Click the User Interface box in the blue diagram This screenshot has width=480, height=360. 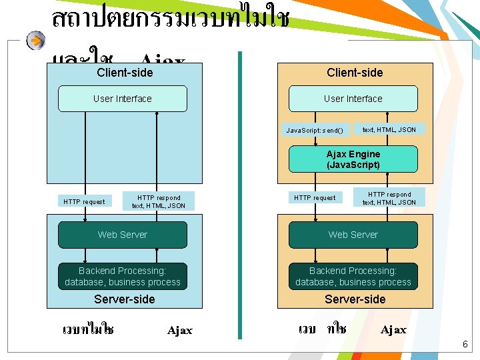click(x=123, y=99)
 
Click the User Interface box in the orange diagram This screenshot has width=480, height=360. click(x=353, y=99)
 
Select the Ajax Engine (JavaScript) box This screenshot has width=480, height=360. click(x=353, y=159)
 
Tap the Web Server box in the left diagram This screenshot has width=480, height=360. click(x=123, y=235)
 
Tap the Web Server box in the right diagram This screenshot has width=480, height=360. click(x=353, y=235)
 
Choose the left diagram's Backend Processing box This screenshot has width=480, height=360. click(x=123, y=277)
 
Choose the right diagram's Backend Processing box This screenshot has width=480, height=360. click(x=353, y=277)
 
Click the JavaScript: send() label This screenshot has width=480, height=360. click(x=315, y=130)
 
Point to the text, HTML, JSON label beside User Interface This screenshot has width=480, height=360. click(x=389, y=129)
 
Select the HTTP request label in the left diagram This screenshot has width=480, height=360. click(x=84, y=201)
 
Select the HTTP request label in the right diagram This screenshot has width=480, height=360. click(x=315, y=197)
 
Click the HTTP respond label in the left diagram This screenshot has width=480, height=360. click(x=159, y=201)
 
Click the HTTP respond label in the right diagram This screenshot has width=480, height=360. click(x=389, y=198)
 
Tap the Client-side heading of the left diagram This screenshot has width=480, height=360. click(x=125, y=72)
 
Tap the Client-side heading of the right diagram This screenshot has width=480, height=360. click(x=355, y=72)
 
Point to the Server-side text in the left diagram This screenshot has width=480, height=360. click(x=125, y=299)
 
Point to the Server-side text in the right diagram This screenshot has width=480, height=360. click(x=355, y=299)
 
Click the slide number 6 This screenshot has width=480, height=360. click(x=465, y=345)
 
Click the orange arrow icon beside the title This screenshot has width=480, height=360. click(x=36, y=41)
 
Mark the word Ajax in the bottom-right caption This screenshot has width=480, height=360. click(x=393, y=329)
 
